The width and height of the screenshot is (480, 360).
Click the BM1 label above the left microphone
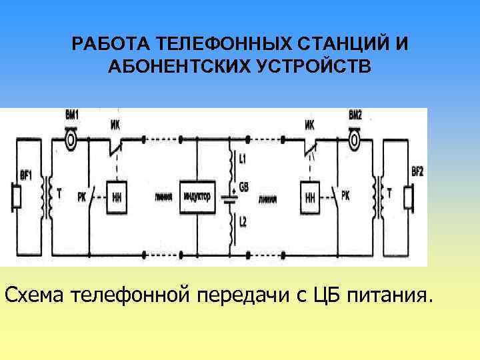(x=71, y=114)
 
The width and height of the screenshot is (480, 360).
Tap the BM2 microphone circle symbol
(x=355, y=140)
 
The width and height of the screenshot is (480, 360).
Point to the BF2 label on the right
(x=417, y=171)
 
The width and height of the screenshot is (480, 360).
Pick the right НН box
(x=309, y=197)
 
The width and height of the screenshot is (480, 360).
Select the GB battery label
(x=243, y=188)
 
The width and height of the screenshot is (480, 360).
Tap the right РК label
(x=345, y=195)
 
